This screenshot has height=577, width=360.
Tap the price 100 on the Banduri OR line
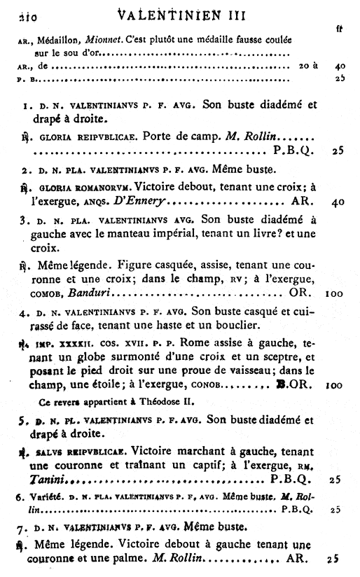point(333,289)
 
